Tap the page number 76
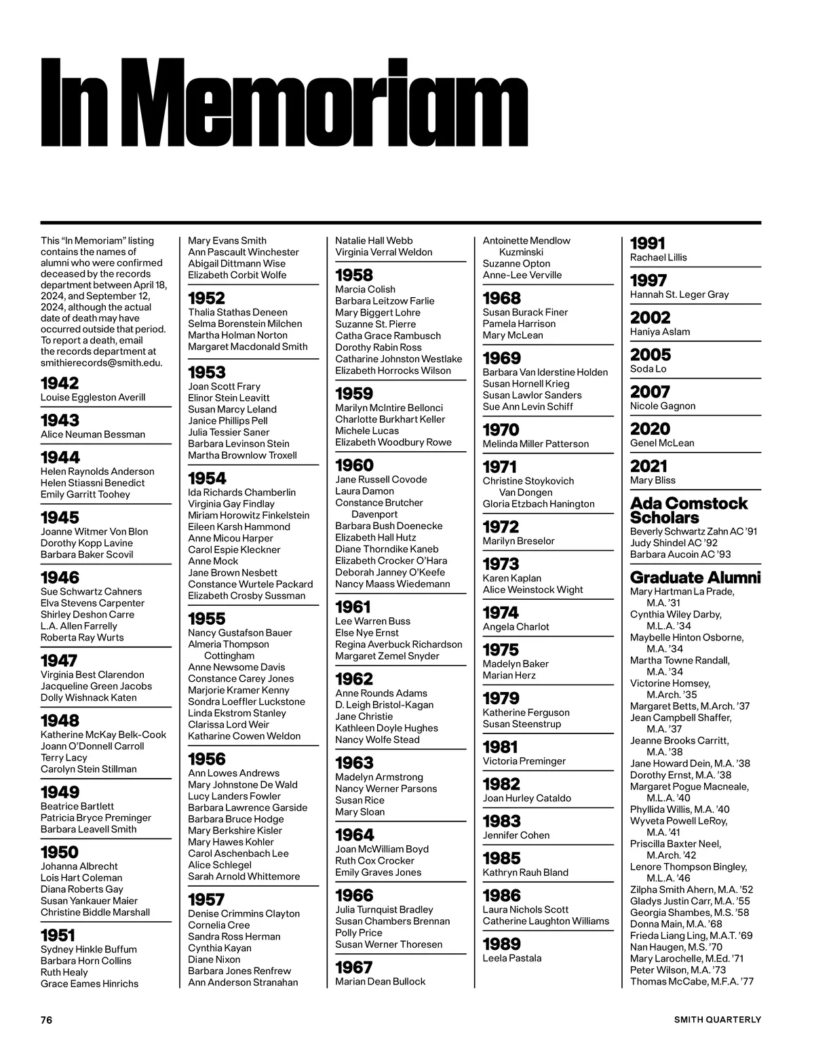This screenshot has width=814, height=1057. tap(46, 1020)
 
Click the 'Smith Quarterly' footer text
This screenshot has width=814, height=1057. tap(717, 1020)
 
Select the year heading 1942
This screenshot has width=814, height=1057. tap(60, 383)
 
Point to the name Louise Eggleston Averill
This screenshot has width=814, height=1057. tap(93, 398)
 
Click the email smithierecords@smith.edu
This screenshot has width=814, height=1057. tap(102, 362)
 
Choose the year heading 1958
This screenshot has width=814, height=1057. tap(354, 275)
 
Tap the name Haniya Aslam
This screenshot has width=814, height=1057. tap(660, 332)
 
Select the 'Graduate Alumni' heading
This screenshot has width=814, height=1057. tap(695, 577)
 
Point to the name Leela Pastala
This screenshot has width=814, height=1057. tap(512, 958)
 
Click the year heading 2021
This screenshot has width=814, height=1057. tap(649, 466)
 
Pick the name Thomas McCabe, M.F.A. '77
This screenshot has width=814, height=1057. tap(692, 982)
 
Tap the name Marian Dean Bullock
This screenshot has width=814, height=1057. tap(381, 982)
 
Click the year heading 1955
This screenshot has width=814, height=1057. tap(207, 619)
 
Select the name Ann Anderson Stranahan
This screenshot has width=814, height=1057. tap(243, 982)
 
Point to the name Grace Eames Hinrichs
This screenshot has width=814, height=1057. tap(90, 984)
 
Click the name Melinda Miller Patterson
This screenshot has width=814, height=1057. tap(536, 444)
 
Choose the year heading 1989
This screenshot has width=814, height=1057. tap(502, 944)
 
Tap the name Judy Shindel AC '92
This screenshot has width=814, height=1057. tap(674, 543)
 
